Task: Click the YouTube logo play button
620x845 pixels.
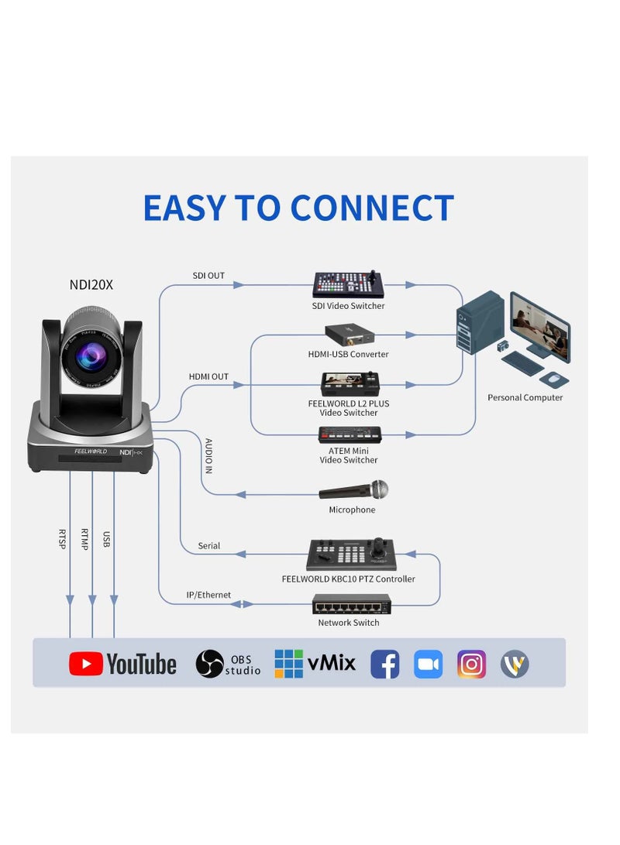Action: [x=86, y=664]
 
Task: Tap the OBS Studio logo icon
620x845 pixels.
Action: [x=209, y=664]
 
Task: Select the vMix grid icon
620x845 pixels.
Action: [x=289, y=664]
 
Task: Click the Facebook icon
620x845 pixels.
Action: [x=384, y=664]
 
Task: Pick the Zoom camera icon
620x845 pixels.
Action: [x=428, y=664]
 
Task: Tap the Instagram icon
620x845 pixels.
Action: [x=471, y=664]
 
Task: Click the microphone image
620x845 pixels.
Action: [x=354, y=491]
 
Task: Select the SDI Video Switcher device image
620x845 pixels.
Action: [x=348, y=285]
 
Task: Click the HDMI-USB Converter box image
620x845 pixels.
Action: [x=349, y=335]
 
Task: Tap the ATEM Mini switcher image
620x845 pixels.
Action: [x=350, y=435]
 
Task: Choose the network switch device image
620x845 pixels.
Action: [x=351, y=604]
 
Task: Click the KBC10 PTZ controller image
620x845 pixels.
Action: [x=350, y=555]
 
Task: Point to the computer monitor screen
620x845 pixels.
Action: [x=540, y=326]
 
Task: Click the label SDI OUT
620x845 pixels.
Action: [x=208, y=276]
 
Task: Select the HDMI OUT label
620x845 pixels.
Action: [x=208, y=376]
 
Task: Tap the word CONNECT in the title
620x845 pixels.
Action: [x=371, y=208]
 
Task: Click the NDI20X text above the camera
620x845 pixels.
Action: [x=91, y=285]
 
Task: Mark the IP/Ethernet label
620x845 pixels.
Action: [x=208, y=595]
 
